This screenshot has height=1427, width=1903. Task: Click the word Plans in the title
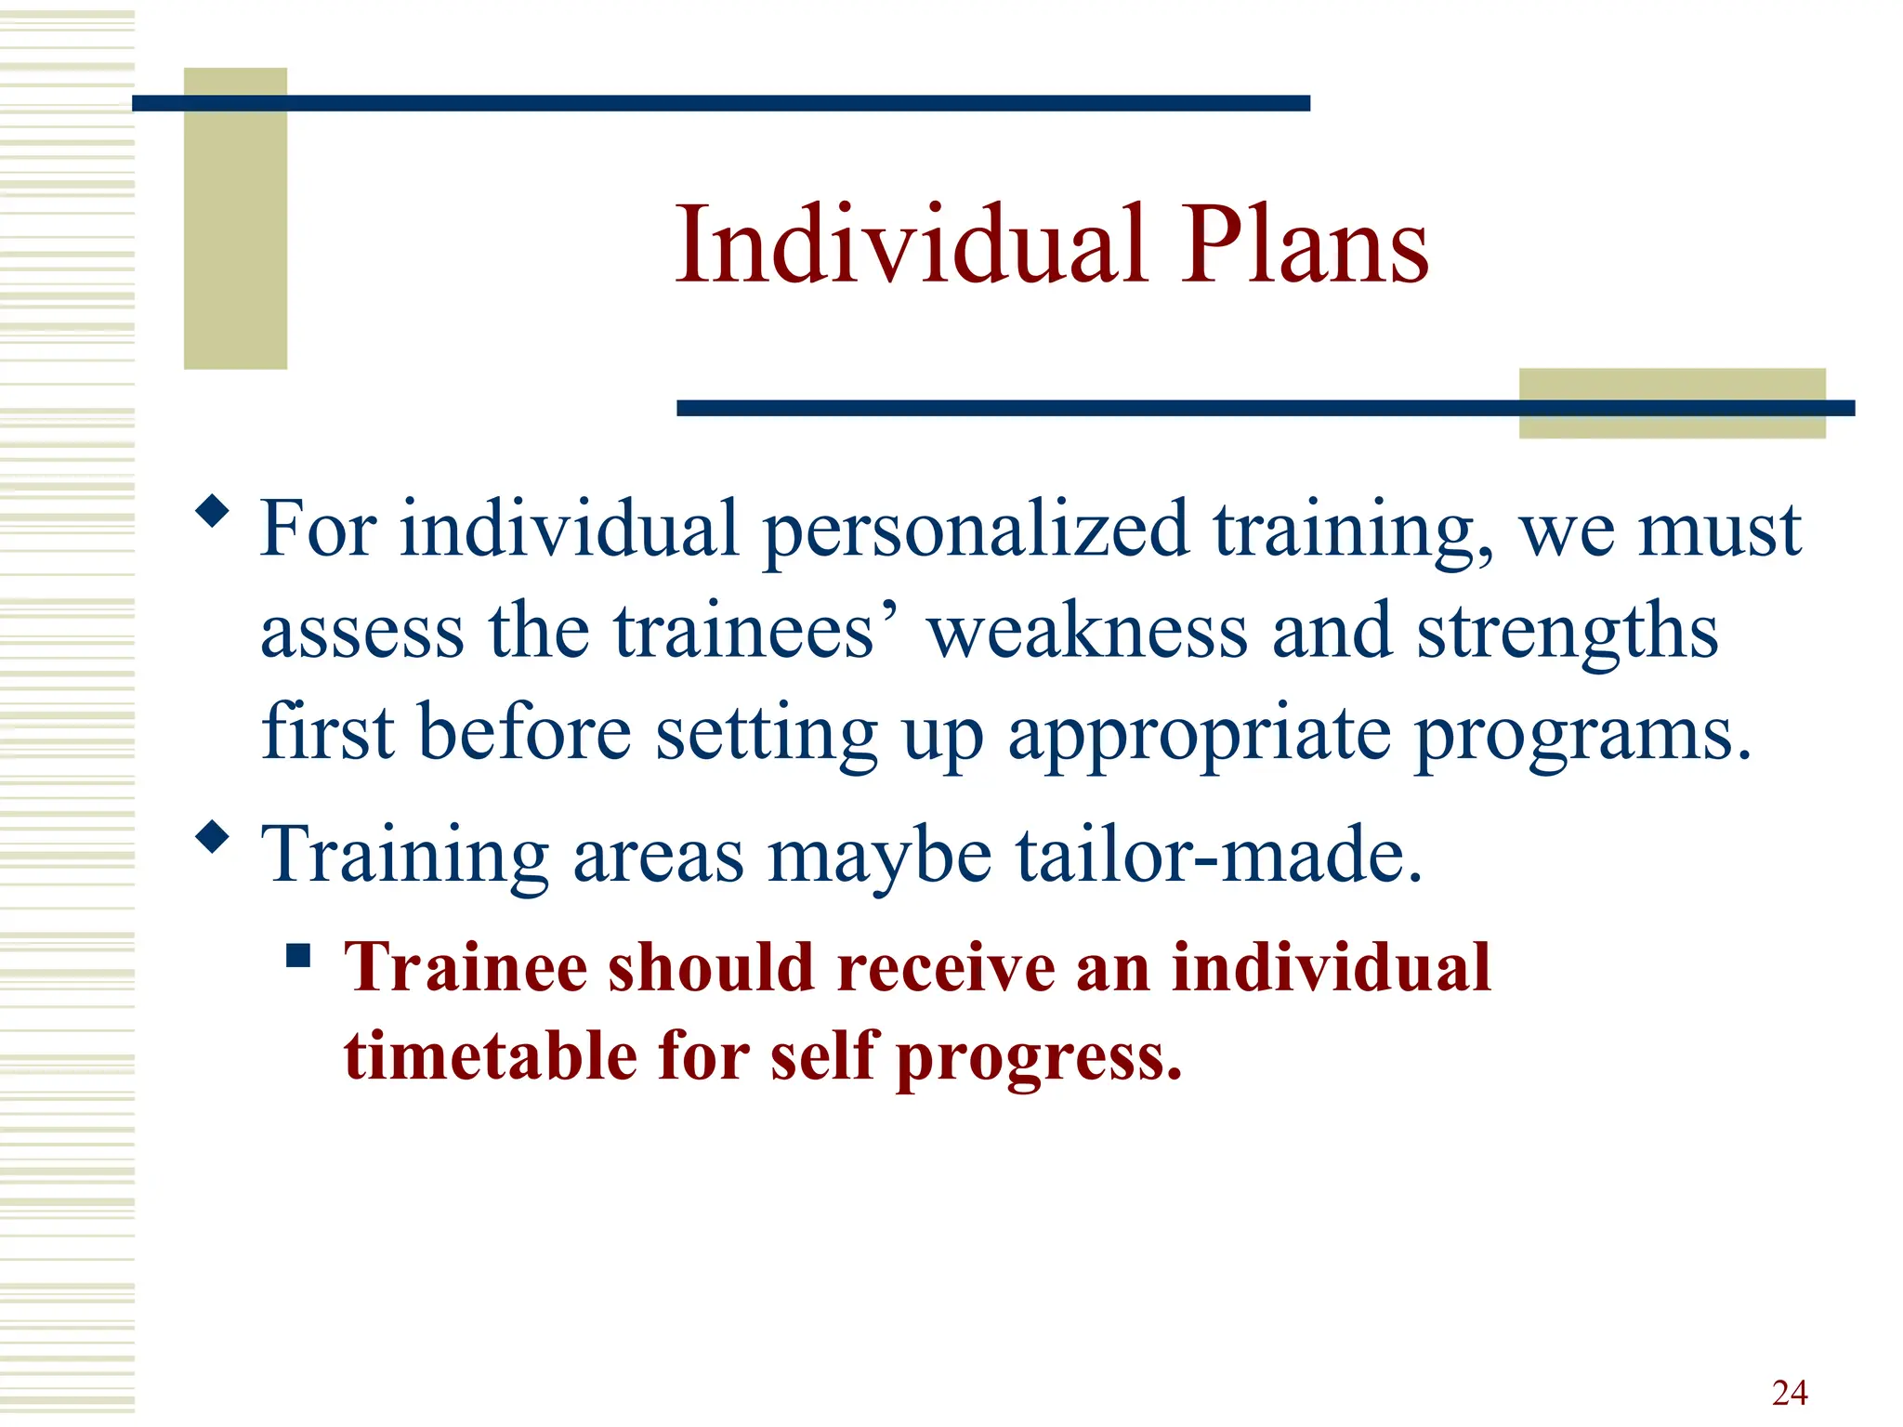1305,244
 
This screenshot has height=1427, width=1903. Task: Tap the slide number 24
1789,1393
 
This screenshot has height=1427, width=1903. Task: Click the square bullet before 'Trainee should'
297,955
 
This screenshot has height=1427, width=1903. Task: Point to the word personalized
975,530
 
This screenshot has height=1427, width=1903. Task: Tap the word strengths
1567,632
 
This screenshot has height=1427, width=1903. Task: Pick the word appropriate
1200,734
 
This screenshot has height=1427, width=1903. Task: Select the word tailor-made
1218,855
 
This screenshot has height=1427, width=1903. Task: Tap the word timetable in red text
491,1056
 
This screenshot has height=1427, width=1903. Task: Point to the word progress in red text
1038,1056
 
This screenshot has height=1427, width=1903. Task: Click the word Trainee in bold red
465,968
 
